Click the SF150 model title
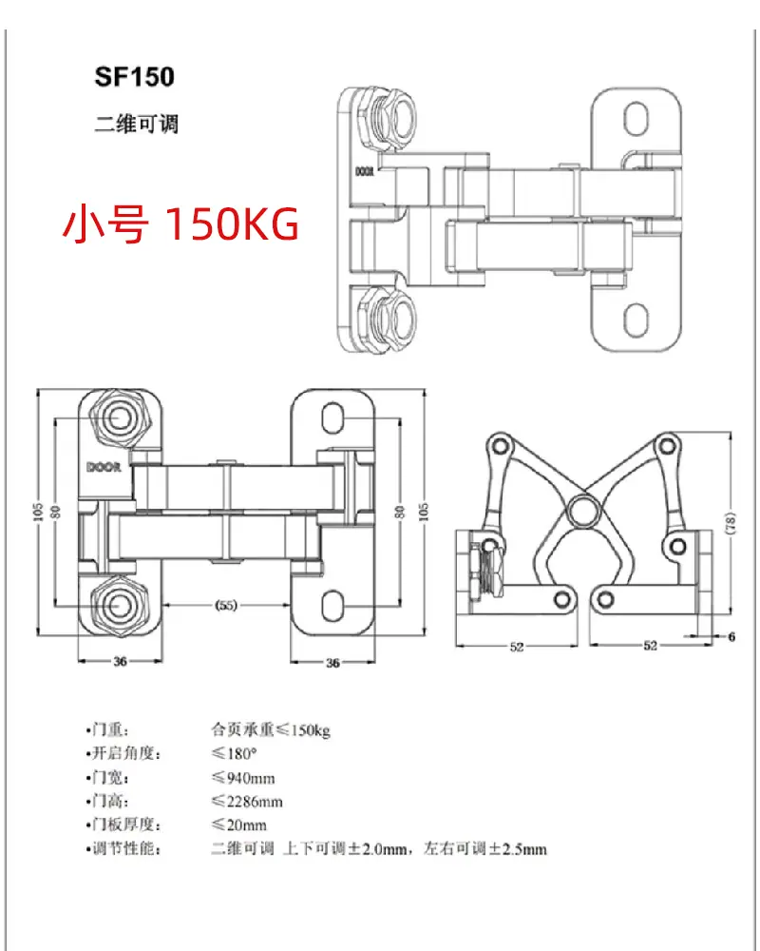(x=135, y=77)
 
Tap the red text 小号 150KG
(x=180, y=223)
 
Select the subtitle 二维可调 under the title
(x=137, y=124)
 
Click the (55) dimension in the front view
(x=225, y=605)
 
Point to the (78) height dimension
(x=731, y=523)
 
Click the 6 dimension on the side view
(x=731, y=636)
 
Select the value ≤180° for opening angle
(x=234, y=753)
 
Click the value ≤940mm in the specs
(x=243, y=778)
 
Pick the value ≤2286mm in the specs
(x=247, y=801)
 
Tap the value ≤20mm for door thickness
(x=238, y=825)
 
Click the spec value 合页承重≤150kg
(x=271, y=729)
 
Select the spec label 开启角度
(x=123, y=753)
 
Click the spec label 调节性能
(x=123, y=848)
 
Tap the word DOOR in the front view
(x=104, y=467)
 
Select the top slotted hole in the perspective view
(x=636, y=119)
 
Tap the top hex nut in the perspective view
(x=386, y=116)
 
